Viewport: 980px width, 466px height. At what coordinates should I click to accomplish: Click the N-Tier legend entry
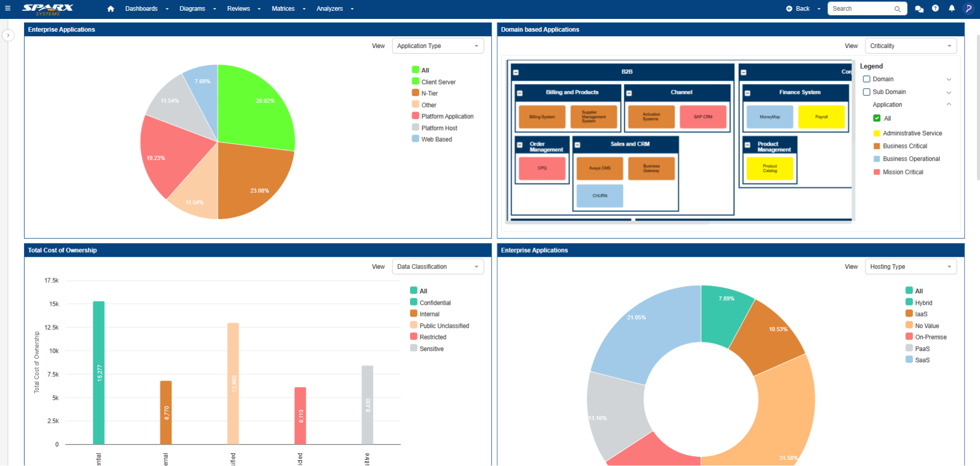[429, 93]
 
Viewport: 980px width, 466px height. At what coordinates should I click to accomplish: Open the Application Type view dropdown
[437, 46]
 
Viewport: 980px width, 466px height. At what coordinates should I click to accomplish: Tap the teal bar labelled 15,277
[99, 373]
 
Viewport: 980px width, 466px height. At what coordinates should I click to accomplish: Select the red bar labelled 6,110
[300, 415]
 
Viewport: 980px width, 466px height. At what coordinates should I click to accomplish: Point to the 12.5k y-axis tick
[52, 327]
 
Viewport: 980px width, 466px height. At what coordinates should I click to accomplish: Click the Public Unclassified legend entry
[444, 326]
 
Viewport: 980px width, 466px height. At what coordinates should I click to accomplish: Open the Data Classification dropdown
[437, 266]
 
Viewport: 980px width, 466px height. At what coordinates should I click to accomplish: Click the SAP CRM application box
[703, 117]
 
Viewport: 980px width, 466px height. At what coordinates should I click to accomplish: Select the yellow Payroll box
[821, 117]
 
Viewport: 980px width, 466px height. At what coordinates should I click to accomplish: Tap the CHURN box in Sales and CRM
[600, 196]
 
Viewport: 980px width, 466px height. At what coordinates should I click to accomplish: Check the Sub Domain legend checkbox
[866, 92]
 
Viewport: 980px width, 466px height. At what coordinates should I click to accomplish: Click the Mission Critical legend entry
[902, 172]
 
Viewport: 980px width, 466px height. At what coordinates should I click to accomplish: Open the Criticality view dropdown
[911, 46]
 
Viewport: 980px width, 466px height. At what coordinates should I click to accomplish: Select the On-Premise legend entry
[930, 337]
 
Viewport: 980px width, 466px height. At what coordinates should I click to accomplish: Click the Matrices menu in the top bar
[283, 9]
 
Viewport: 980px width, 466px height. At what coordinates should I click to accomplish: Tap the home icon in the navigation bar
[111, 9]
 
